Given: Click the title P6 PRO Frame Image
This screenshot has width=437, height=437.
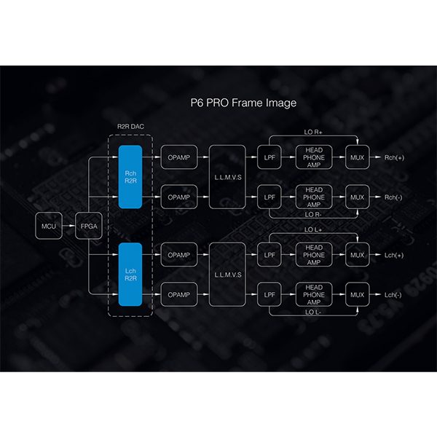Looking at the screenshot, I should pyautogui.click(x=240, y=103).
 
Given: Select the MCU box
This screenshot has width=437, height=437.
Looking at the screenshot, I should pyautogui.click(x=49, y=227).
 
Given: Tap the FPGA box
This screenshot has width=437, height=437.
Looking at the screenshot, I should pyautogui.click(x=89, y=227).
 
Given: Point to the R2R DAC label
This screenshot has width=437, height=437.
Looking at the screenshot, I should pyautogui.click(x=132, y=127).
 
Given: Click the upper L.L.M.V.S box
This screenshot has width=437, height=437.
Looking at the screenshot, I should pyautogui.click(x=227, y=177).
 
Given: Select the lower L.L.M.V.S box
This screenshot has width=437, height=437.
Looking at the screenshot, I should pyautogui.click(x=227, y=275).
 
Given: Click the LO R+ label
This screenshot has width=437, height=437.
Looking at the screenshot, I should pyautogui.click(x=313, y=131).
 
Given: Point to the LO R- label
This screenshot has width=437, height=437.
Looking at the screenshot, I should pyautogui.click(x=313, y=214).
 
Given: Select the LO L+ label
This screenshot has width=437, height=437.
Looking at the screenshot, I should pyautogui.click(x=313, y=230).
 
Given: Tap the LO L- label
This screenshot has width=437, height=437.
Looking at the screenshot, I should pyautogui.click(x=313, y=312).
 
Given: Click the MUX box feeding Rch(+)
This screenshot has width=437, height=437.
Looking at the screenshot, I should pyautogui.click(x=357, y=157).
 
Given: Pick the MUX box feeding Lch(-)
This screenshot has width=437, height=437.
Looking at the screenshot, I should pyautogui.click(x=357, y=294).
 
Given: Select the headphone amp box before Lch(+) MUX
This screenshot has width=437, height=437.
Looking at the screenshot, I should pyautogui.click(x=314, y=255).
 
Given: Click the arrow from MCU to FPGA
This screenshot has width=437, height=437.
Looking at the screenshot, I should pyautogui.click(x=70, y=227).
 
